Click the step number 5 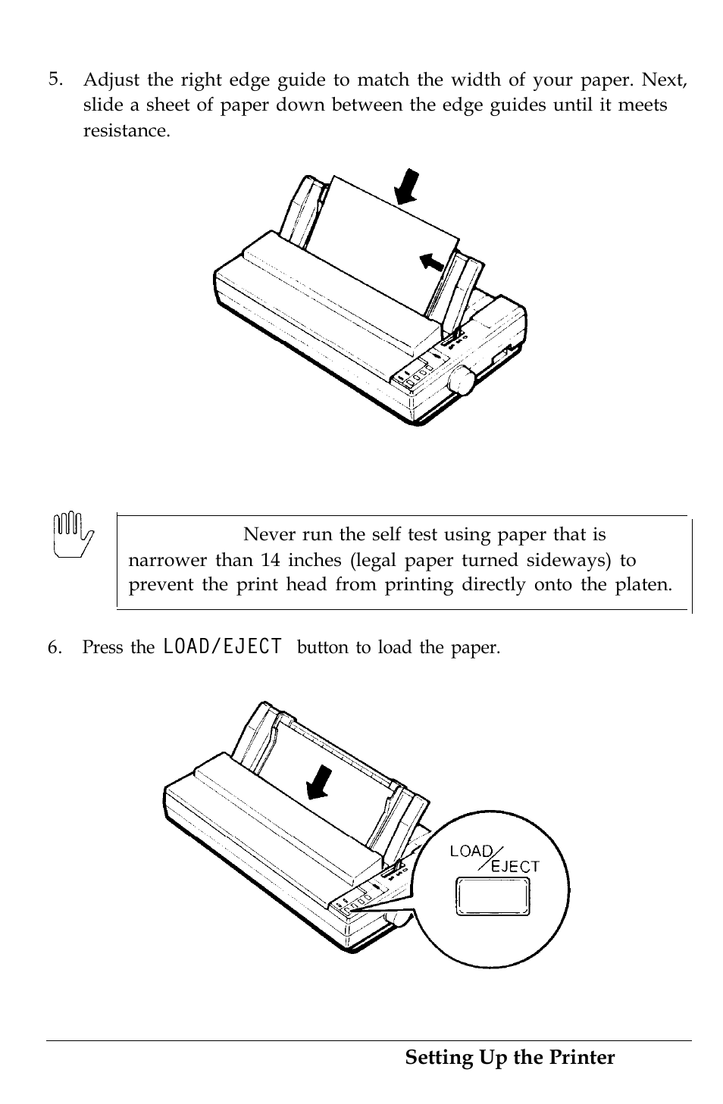55,80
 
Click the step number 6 55,646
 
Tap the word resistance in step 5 126,130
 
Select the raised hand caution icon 73,535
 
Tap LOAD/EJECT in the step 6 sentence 222,646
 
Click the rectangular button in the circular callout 493,896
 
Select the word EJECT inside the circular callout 515,866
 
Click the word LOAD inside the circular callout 471,851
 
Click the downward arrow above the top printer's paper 408,187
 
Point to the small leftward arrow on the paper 432,261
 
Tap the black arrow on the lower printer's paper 319,782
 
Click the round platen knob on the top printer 462,380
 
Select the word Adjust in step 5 111,80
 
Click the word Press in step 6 102,647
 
